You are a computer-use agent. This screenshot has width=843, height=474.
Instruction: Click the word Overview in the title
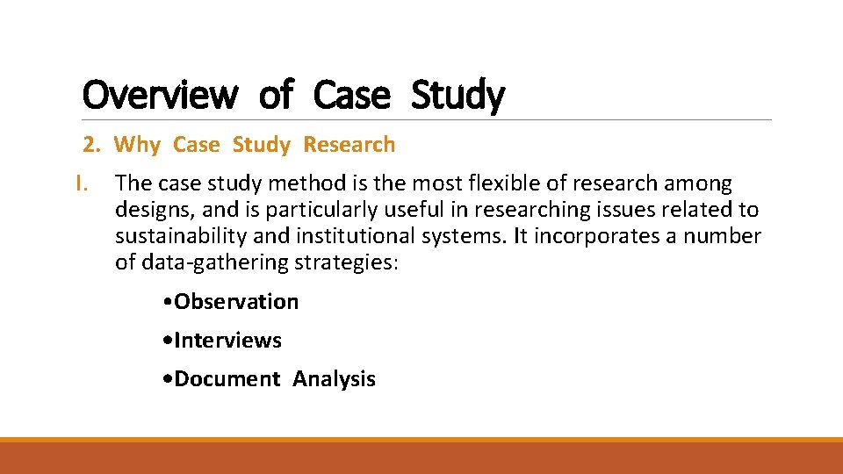pos(159,95)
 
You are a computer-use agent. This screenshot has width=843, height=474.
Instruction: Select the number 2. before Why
pos(92,145)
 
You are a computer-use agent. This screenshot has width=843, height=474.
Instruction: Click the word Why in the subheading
pos(138,145)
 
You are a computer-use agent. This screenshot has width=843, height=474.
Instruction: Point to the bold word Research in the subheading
pos(349,145)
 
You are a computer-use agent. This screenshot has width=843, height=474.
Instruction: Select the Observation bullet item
pos(236,302)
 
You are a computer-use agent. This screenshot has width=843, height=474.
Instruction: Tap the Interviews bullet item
pos(227,341)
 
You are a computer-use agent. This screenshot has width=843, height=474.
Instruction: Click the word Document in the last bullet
pos(227,379)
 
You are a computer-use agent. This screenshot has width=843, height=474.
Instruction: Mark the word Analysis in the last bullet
pos(334,379)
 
